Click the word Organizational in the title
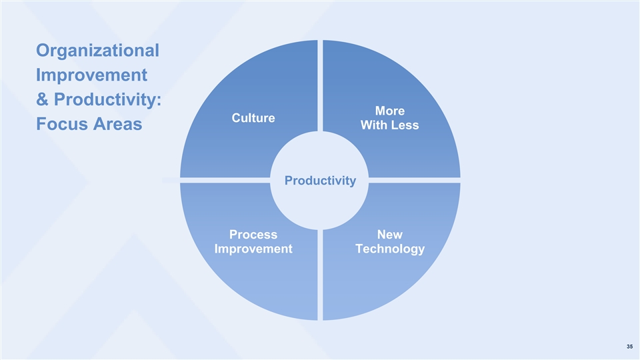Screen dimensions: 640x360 point(97,51)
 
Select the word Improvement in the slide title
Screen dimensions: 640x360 point(91,75)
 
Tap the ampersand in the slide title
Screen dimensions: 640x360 point(42,99)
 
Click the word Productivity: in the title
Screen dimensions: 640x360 point(108,100)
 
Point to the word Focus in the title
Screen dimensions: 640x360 point(61,124)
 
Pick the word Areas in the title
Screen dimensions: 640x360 point(117,124)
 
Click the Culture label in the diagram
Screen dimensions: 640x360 point(253,118)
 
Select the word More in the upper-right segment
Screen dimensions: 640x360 point(390,111)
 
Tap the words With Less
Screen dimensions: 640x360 point(390,125)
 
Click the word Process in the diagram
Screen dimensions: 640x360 point(253,235)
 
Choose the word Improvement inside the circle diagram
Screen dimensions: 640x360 point(253,249)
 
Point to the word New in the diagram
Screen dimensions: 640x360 point(390,235)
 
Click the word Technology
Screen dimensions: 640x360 point(390,249)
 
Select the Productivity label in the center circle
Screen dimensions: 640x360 point(321,181)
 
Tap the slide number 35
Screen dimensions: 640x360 point(630,347)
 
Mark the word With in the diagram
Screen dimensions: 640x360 point(374,125)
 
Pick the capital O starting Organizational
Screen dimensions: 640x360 point(43,51)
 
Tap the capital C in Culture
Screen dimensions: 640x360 point(236,118)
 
